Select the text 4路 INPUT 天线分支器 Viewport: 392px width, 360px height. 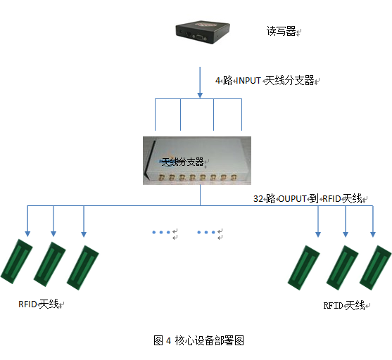266,81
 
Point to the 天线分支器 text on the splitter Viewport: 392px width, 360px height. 182,162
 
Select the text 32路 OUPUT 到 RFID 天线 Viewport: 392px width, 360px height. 310,199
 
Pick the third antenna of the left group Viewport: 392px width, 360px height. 83,266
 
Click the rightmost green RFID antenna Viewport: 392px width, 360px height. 375,266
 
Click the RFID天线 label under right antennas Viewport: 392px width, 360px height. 344,305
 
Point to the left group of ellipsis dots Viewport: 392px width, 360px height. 161,231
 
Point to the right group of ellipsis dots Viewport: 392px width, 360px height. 208,231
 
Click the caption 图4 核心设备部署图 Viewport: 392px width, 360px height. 198,340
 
